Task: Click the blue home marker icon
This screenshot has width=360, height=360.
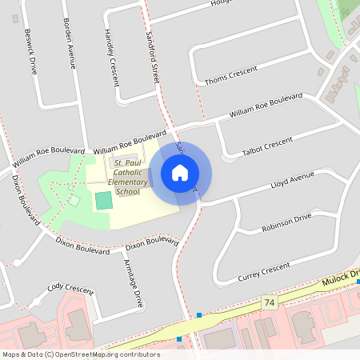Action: (180, 173)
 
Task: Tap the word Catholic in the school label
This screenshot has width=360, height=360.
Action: (128, 172)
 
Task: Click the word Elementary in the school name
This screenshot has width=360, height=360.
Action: (128, 182)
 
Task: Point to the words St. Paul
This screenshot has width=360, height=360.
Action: (128, 162)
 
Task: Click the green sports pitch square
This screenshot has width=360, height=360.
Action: (104, 200)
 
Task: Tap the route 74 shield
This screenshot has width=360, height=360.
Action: (270, 302)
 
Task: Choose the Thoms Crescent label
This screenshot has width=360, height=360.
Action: (231, 77)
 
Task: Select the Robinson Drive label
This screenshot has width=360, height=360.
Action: (286, 223)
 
